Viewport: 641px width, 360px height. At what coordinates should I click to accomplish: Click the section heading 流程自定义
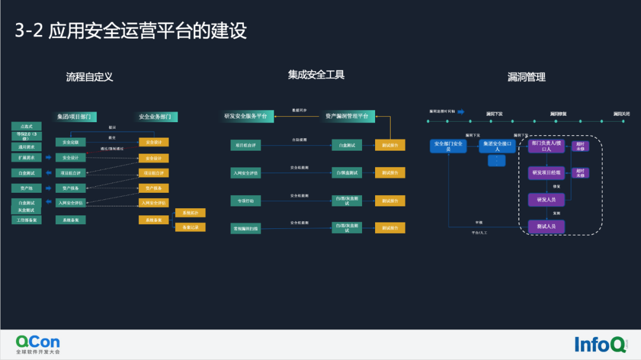point(89,77)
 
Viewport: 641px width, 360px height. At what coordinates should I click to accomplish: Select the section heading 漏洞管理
point(526,77)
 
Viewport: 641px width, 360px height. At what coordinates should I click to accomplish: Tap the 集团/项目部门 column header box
point(77,117)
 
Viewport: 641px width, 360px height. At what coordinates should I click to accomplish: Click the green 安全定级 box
point(71,142)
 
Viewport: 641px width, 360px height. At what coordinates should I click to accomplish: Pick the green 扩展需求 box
point(27,158)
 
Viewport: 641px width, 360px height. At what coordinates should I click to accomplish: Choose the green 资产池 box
point(27,188)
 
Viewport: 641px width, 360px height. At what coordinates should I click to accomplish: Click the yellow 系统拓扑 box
point(190,212)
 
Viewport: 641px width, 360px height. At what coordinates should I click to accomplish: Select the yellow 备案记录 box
point(190,227)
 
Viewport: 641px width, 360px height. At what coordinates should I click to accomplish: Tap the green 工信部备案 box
point(27,219)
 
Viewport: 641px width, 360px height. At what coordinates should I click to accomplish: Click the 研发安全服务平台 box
point(245,116)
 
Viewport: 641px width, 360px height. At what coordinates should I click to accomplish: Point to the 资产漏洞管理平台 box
point(347,116)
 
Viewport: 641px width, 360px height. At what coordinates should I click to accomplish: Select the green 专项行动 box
point(245,201)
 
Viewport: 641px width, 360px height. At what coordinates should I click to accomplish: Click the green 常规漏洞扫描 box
point(245,228)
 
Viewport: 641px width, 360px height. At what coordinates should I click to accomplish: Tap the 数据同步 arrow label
point(299,110)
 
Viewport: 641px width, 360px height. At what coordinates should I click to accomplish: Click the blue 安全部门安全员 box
point(448,146)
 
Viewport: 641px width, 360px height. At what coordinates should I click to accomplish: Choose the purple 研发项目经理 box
point(546,173)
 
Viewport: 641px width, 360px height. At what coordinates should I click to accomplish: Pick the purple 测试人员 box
point(546,226)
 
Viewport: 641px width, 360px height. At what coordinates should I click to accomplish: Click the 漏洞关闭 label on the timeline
point(621,113)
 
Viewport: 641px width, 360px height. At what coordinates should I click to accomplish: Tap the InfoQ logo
point(599,344)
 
